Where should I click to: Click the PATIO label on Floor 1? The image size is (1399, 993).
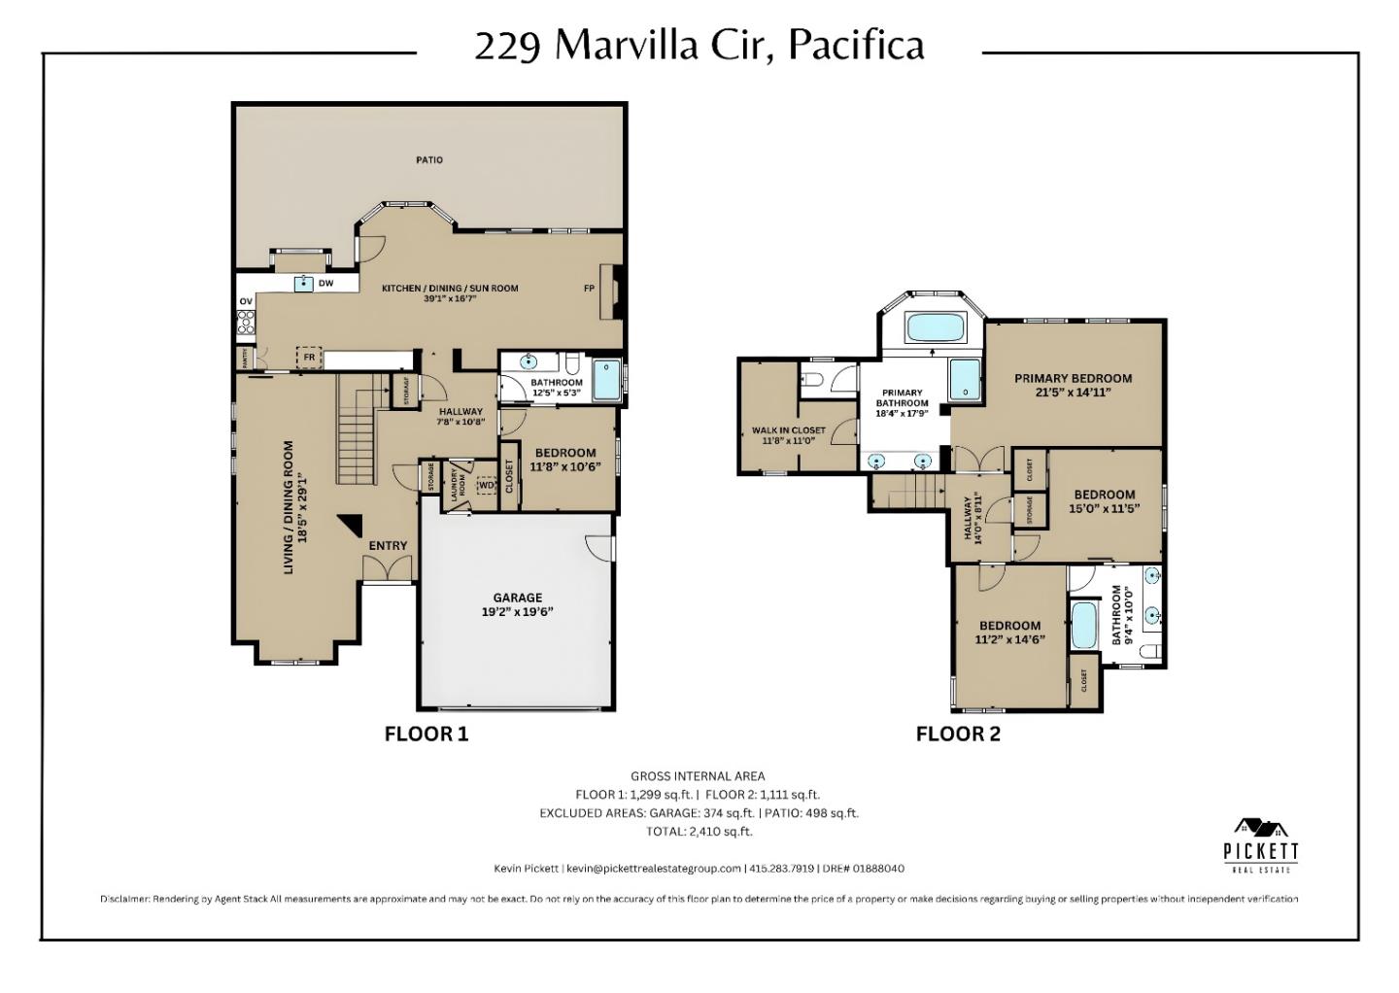coord(429,159)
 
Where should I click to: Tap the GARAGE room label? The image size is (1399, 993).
coord(517,598)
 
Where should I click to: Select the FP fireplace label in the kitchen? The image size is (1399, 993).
coord(589,289)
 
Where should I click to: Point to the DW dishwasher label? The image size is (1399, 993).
coord(326,284)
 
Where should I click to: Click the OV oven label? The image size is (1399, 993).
coord(246,302)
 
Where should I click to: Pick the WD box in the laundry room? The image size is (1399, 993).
coord(487,485)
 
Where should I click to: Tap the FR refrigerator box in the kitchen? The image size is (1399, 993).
coord(309,358)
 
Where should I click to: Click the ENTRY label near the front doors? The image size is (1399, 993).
coord(388,546)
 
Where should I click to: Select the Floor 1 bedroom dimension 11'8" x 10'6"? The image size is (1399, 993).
coord(565,466)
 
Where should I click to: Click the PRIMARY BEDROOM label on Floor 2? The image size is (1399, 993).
coord(1073,378)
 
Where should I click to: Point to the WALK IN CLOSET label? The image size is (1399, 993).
coord(788,430)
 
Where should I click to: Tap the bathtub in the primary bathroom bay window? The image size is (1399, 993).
coord(935,327)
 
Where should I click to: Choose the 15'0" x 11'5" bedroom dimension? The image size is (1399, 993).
coord(1104,508)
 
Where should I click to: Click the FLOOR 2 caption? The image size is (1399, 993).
coord(957,735)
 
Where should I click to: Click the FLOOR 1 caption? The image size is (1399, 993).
coord(426,735)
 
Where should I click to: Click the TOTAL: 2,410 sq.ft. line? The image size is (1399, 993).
coord(699,832)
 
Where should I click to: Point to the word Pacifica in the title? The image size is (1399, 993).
coord(855,45)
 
